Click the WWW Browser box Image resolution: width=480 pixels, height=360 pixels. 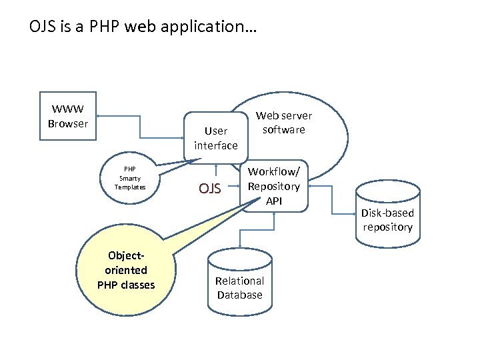coord(68,117)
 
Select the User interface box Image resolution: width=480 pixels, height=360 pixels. coord(215,138)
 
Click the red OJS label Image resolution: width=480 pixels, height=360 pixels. coord(210,189)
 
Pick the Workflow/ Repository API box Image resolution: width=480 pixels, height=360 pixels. coord(274,186)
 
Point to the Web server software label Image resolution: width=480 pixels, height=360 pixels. coord(283,123)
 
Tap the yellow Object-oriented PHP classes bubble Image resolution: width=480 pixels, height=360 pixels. coord(125,271)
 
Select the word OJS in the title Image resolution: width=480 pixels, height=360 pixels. coord(41,28)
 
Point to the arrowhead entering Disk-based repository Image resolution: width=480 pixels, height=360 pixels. coord(353,214)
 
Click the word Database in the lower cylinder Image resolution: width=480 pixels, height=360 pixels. coord(239,295)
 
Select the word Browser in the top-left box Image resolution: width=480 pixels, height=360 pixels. coord(68,123)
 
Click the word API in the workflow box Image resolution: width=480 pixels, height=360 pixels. coord(274,200)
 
